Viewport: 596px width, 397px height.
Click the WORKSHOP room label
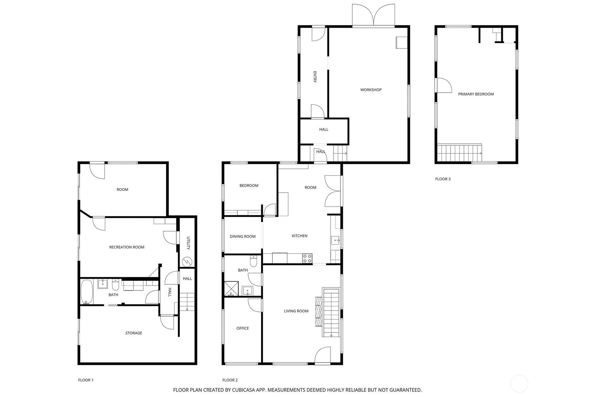click(371, 90)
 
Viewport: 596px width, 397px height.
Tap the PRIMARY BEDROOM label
click(476, 94)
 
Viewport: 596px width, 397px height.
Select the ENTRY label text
click(315, 77)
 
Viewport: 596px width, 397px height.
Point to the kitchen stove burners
click(307, 258)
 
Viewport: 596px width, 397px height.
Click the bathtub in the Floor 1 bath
click(86, 292)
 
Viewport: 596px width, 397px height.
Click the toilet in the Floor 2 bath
click(253, 261)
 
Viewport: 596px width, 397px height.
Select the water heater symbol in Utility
click(187, 262)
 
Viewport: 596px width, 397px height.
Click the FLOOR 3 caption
click(443, 179)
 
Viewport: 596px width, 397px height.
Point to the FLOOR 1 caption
click(86, 380)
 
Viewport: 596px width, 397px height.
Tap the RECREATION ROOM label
click(127, 247)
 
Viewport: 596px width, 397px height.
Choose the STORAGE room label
click(133, 333)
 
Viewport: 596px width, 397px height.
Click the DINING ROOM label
click(242, 236)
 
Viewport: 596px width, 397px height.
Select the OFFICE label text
click(243, 329)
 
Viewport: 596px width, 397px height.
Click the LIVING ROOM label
click(296, 311)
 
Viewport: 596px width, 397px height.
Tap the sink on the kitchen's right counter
click(335, 240)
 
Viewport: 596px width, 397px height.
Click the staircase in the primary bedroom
click(459, 153)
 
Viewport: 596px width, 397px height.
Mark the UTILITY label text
click(188, 243)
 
